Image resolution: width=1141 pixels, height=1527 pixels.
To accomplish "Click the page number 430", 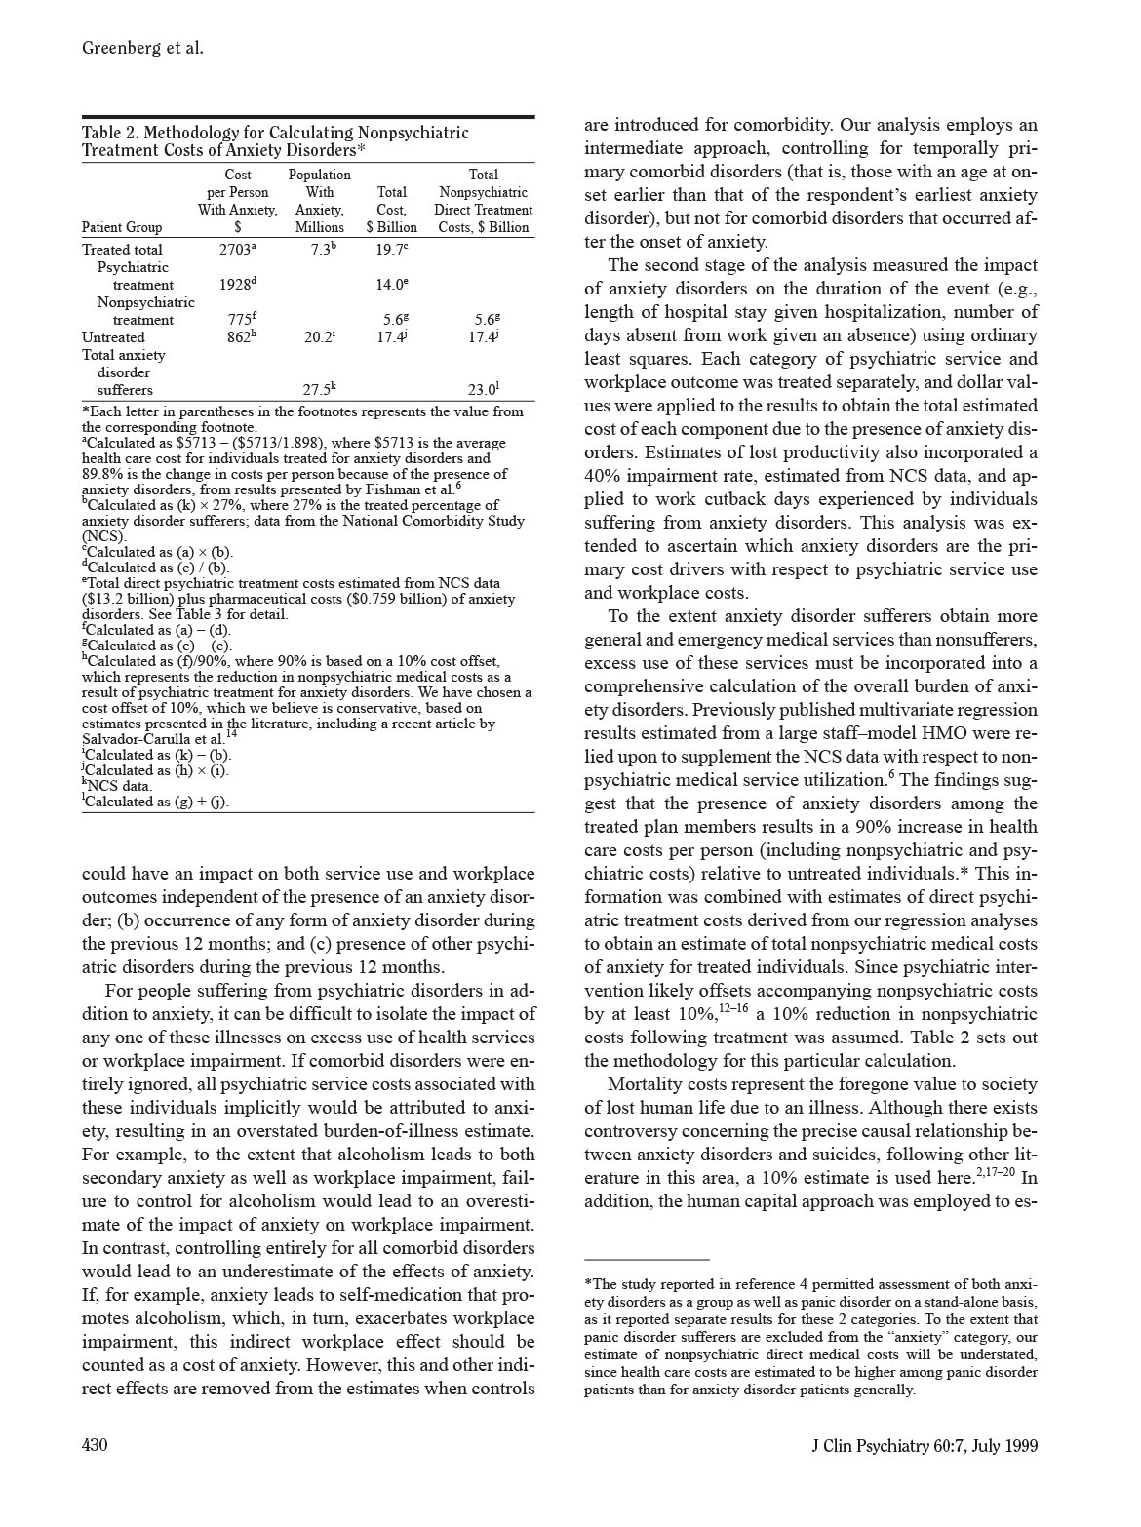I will [95, 1444].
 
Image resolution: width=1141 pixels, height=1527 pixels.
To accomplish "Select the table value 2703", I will [235, 250].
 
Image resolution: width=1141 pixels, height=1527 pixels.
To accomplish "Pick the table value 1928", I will [235, 285].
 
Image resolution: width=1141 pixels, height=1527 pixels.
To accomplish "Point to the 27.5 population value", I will [317, 390].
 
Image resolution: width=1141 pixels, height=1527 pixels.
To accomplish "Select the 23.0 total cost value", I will [481, 390].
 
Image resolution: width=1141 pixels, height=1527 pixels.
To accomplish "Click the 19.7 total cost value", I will [389, 250].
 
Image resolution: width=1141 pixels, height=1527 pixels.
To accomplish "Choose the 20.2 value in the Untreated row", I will [317, 337].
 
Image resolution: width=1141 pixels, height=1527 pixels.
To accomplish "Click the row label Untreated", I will [113, 337].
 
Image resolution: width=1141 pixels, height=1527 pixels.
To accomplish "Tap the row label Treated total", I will [122, 250].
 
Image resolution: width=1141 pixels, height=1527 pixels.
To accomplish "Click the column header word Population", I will [320, 175].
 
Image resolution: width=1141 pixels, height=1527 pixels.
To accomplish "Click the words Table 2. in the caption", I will [109, 133].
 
